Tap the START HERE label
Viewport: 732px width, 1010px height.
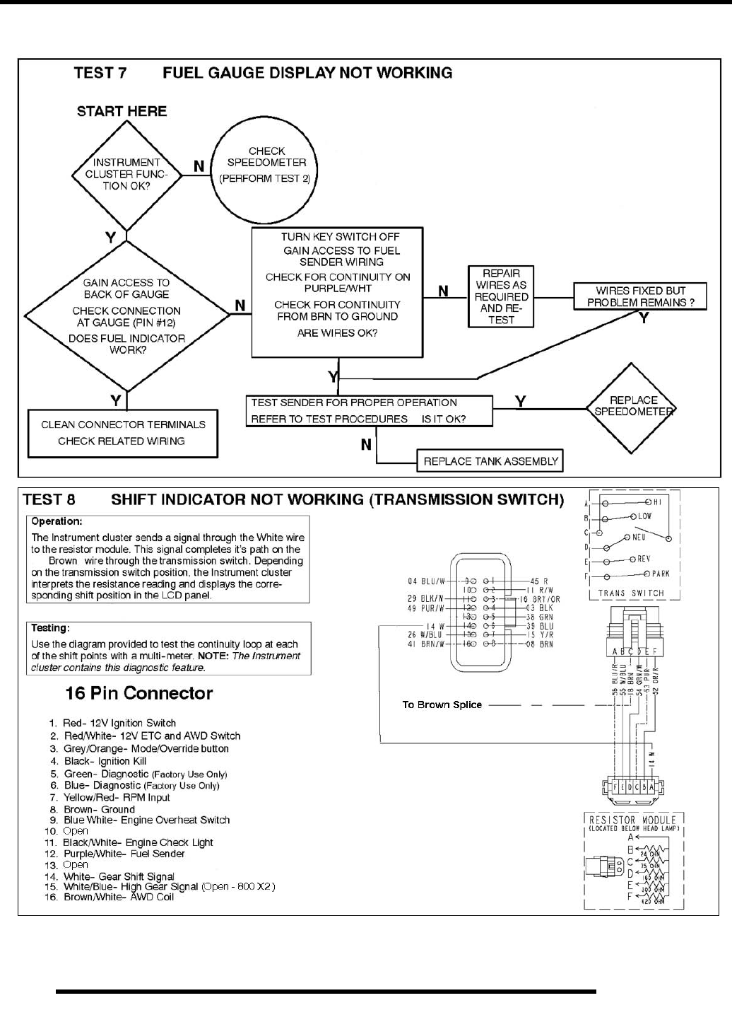[x=122, y=111]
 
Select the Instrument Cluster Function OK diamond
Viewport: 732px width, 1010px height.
[x=126, y=174]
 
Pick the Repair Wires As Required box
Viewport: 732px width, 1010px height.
[x=501, y=296]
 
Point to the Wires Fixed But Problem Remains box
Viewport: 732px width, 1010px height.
[x=640, y=296]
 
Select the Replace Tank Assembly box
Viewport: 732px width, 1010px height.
[x=490, y=462]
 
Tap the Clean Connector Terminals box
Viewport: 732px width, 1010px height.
[x=123, y=433]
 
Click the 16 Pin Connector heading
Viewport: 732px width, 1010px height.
[x=138, y=693]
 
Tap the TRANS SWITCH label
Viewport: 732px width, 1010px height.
[x=631, y=593]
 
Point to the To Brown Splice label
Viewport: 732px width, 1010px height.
[x=442, y=704]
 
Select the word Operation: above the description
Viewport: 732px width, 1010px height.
[x=57, y=521]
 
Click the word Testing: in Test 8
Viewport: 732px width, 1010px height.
[x=49, y=628]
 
